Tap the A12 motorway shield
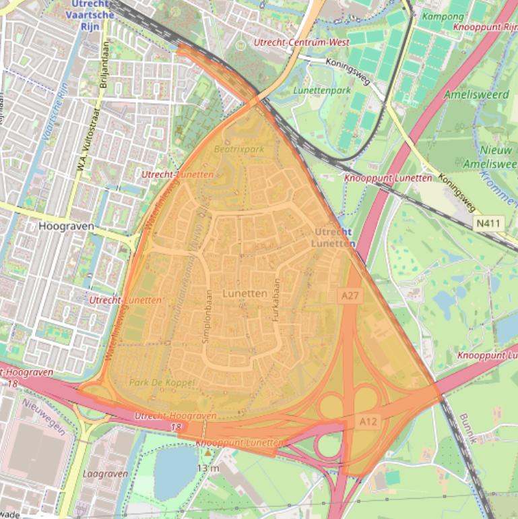[368, 422]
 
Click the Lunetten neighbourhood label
[245, 294]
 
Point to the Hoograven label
[67, 226]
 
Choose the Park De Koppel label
[162, 382]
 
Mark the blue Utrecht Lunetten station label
[333, 237]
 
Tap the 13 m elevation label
[209, 468]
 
